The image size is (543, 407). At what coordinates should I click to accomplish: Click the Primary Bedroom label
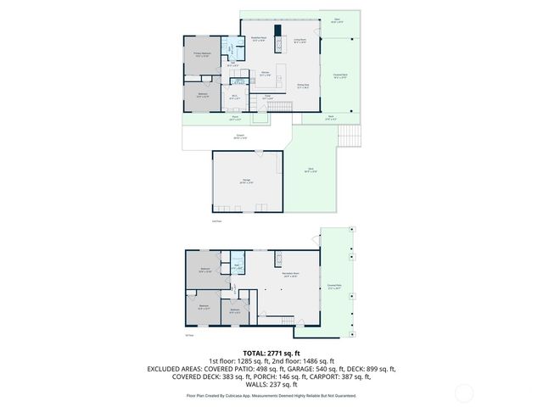(202, 55)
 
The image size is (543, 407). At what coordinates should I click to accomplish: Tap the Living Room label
(299, 40)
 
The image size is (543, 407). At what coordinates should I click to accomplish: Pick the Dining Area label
(302, 85)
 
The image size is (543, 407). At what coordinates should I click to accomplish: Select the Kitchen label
(265, 73)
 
